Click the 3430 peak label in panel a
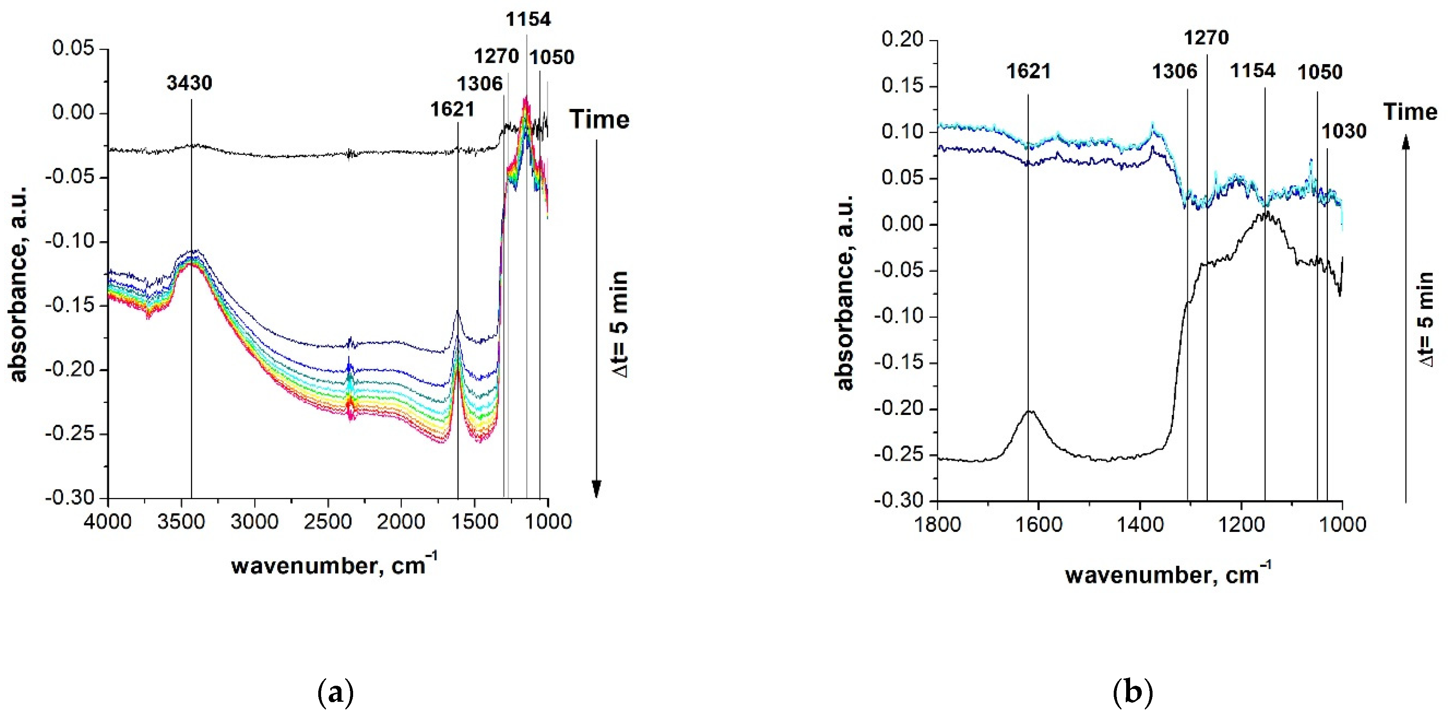tap(189, 83)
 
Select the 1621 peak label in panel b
tap(1028, 71)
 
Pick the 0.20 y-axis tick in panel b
tap(902, 40)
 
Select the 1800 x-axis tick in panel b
tap(937, 525)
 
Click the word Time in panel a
tap(599, 120)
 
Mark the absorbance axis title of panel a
tap(18, 284)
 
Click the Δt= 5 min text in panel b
tap(1426, 319)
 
